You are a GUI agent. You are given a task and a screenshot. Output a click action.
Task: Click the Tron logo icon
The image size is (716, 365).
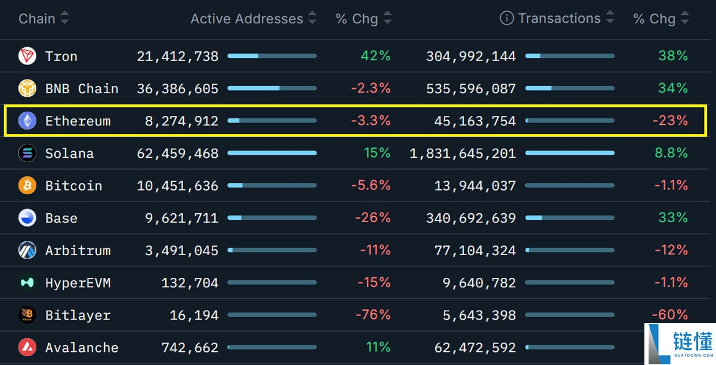pos(27,56)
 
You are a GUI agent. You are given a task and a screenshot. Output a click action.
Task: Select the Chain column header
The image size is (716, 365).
pos(36,19)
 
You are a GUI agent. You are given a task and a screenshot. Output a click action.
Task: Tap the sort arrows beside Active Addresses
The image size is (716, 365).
pos(312,19)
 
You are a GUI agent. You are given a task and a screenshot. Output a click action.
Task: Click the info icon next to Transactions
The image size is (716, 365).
pos(507,19)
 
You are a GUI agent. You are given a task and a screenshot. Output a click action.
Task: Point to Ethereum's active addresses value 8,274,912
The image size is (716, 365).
pos(181,121)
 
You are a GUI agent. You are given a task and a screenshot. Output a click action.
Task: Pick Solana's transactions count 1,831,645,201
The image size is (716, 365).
pos(462,154)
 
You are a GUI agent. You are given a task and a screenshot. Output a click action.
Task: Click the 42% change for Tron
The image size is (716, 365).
pos(375,56)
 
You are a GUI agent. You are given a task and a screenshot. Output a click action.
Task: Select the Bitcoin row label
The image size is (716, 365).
pos(73,186)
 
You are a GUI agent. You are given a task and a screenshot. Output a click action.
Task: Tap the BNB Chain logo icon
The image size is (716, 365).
pos(27,88)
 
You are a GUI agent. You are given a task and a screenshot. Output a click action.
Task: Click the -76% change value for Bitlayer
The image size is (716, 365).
pos(373,315)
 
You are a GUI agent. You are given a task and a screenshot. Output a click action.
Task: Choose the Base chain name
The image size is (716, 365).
pos(61,218)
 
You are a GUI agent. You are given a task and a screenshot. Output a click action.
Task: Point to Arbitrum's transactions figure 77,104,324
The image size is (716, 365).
pos(475,250)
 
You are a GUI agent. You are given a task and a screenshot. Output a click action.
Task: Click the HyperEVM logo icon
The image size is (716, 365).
pos(27,283)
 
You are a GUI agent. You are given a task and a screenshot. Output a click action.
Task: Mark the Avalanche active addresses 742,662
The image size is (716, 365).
pos(190,348)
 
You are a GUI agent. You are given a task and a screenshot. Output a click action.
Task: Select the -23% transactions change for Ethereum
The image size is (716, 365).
pos(669,121)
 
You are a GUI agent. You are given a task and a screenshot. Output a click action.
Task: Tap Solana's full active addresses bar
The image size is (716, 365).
pos(272,154)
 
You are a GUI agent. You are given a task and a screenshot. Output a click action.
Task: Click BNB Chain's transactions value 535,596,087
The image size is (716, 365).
pos(471,88)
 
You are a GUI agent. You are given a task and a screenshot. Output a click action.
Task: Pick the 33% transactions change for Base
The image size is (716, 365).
pos(673,218)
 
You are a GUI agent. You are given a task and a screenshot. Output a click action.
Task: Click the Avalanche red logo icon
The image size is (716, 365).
pos(27,347)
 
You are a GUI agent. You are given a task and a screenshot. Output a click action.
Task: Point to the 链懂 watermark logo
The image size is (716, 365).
pos(680,344)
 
